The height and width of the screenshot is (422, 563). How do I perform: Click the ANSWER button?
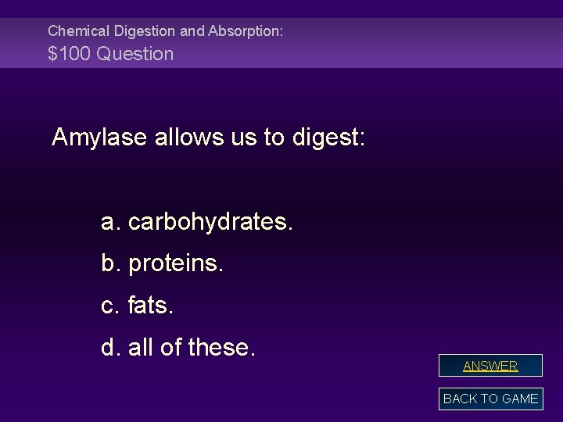pos(490,366)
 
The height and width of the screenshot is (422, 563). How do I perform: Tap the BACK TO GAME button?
pos(490,399)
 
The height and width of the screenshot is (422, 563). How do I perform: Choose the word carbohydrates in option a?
pos(210,223)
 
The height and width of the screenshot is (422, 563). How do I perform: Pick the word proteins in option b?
pos(176,264)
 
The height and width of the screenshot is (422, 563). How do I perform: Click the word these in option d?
pos(221,345)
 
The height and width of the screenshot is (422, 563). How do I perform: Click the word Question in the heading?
pos(133,54)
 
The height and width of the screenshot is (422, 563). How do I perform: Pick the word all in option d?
pos(142,345)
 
